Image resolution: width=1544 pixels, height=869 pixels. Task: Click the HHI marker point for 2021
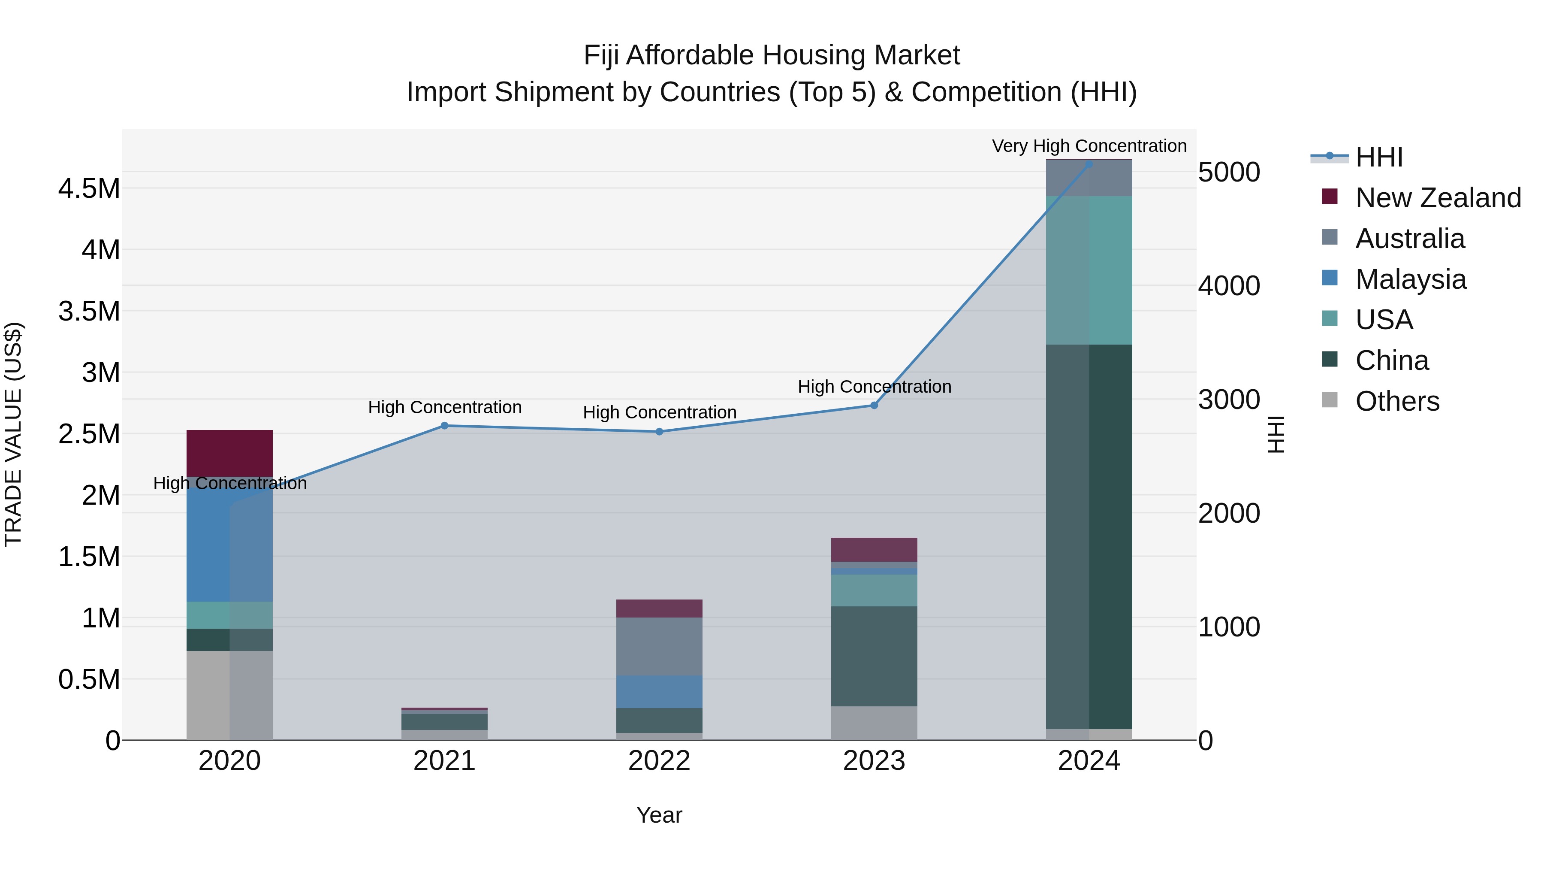(444, 426)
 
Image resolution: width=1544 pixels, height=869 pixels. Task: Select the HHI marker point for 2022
(659, 432)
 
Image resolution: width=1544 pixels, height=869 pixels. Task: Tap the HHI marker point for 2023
(874, 406)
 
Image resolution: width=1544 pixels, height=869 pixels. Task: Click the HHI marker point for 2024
(1089, 164)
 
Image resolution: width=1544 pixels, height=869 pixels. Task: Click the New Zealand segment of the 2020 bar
(229, 453)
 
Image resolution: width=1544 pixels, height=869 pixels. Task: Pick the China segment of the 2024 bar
(1089, 537)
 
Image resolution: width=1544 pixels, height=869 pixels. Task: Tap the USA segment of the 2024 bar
(1089, 270)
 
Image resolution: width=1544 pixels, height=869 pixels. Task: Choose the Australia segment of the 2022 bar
(659, 647)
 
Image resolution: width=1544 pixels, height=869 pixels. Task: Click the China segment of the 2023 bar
(874, 656)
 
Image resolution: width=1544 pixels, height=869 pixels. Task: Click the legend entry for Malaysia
(1410, 279)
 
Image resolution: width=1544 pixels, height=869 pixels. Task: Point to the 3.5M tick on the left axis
(89, 311)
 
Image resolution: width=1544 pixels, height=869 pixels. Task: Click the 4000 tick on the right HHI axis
(1229, 286)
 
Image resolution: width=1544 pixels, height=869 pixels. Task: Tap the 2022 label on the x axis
(659, 761)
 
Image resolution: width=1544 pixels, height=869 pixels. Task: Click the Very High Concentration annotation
(1089, 146)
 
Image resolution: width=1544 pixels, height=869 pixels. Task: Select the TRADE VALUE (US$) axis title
(13, 434)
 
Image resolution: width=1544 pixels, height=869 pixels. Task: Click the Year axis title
(659, 815)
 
